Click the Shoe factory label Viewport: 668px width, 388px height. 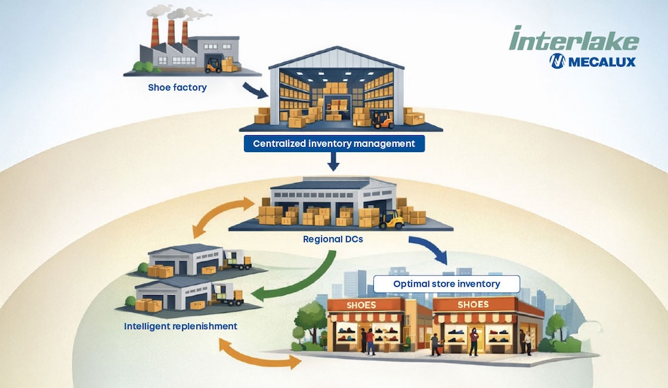tap(177, 87)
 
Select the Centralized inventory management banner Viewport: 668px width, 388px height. tap(333, 144)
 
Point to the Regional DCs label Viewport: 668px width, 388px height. tap(333, 239)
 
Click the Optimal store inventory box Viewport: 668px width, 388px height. tap(446, 284)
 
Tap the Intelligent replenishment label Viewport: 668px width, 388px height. tap(181, 325)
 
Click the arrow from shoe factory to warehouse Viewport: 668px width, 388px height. tap(254, 90)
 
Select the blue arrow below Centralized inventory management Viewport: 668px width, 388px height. tap(333, 161)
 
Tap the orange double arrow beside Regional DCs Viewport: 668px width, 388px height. tap(222, 216)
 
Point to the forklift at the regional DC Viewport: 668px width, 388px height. tap(392, 220)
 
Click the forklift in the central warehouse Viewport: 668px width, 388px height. tap(382, 119)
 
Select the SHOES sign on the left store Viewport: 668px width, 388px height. tap(361, 305)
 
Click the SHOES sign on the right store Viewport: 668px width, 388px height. tap(473, 305)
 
